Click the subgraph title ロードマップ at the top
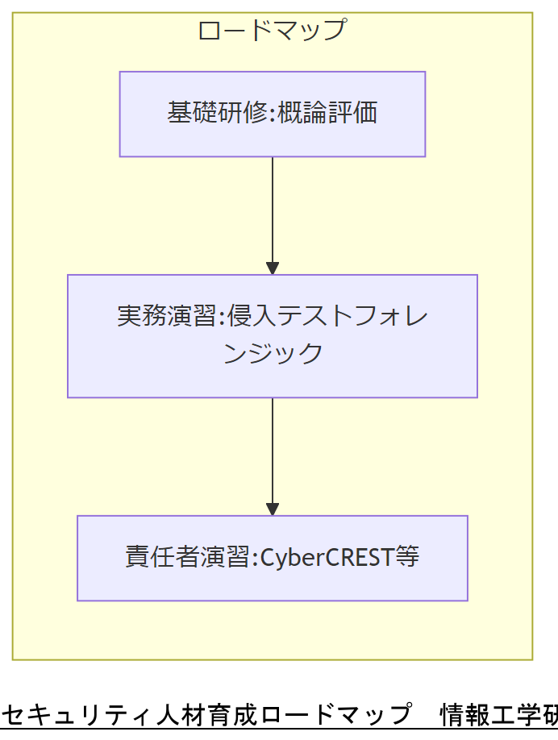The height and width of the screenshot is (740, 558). click(x=272, y=30)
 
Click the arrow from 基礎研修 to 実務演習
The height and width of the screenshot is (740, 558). click(x=273, y=210)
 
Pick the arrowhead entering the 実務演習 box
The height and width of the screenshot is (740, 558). click(x=273, y=268)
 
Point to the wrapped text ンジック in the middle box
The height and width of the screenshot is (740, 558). click(x=273, y=353)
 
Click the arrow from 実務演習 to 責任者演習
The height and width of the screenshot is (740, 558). click(x=273, y=451)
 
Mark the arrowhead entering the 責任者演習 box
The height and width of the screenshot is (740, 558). click(x=273, y=509)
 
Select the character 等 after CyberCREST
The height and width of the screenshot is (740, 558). click(x=408, y=557)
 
